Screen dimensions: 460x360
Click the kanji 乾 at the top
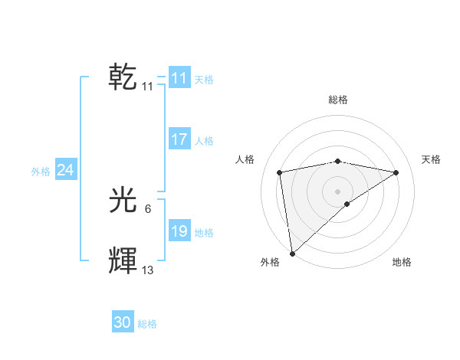(123, 77)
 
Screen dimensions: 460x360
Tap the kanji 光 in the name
(123, 201)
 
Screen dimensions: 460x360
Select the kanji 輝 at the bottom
(123, 261)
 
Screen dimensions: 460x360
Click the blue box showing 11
(179, 78)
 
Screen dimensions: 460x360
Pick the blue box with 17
(179, 139)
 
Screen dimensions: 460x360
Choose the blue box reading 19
(179, 232)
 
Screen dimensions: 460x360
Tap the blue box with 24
(66, 171)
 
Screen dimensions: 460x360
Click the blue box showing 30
(123, 323)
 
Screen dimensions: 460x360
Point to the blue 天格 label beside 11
(204, 79)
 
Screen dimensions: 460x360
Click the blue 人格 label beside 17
(204, 141)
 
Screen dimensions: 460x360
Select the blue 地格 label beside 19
(204, 233)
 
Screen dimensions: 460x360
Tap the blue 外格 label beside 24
(41, 172)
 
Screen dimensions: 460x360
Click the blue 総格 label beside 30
(147, 324)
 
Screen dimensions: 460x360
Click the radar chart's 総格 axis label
(338, 100)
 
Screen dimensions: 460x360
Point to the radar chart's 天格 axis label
(431, 159)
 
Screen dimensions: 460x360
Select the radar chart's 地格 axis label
(402, 263)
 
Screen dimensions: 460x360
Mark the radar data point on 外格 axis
(292, 254)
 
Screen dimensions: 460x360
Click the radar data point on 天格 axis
(396, 172)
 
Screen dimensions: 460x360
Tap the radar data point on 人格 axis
(280, 172)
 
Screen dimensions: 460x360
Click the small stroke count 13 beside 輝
(148, 270)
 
